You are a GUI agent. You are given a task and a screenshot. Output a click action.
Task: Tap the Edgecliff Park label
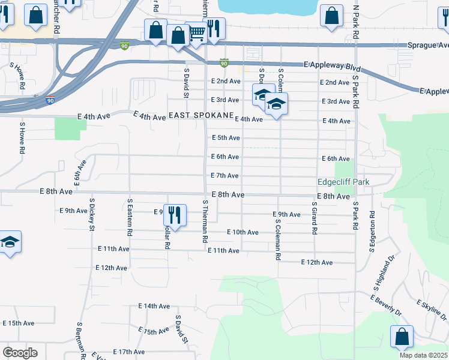pyautogui.click(x=343, y=182)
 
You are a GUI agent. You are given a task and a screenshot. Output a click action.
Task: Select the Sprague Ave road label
pyautogui.click(x=427, y=45)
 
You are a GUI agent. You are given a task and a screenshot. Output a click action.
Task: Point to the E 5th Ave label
pyautogui.click(x=226, y=137)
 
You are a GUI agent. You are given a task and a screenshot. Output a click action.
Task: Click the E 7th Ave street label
pyautogui.click(x=225, y=175)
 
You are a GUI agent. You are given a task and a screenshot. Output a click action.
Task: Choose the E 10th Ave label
pyautogui.click(x=243, y=232)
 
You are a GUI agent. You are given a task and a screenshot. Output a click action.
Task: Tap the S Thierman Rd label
pyautogui.click(x=205, y=221)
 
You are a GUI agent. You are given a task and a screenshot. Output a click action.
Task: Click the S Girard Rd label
pyautogui.click(x=314, y=218)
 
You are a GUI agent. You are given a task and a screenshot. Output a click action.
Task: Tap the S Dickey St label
pyautogui.click(x=92, y=214)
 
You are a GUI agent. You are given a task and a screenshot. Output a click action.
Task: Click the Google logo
pyautogui.click(x=20, y=353)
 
